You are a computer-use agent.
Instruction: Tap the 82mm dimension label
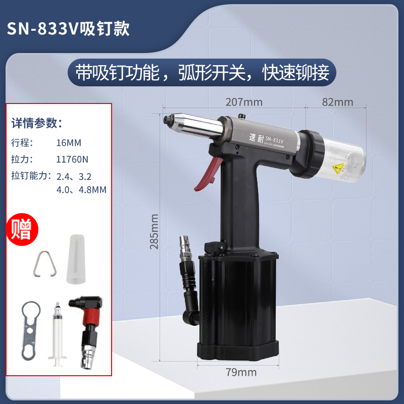(337, 102)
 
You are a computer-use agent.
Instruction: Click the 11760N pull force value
(73, 159)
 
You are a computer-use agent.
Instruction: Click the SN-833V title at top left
(68, 29)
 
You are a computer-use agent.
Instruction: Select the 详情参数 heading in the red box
(37, 123)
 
